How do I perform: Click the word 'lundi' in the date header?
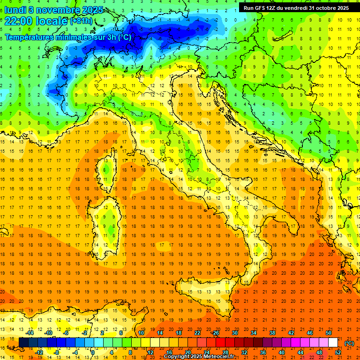pyautogui.click(x=15, y=9)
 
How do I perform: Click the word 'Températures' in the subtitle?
pyautogui.click(x=27, y=37)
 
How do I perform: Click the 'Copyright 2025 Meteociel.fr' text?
pyautogui.click(x=199, y=357)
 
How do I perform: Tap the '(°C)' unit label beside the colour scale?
pyautogui.click(x=349, y=343)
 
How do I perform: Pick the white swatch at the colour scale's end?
pyautogui.click(x=333, y=343)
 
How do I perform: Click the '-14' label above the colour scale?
pyautogui.click(x=30, y=333)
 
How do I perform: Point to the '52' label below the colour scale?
pyautogui.click(x=338, y=352)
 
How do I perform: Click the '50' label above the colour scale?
pyautogui.click(x=329, y=333)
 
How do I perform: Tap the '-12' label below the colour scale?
pyautogui.click(x=40, y=352)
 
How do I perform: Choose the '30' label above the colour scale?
pyautogui.click(x=234, y=333)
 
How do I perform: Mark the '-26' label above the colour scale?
pyautogui.click(x=215, y=333)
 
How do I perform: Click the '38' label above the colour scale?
pyautogui.click(x=272, y=333)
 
